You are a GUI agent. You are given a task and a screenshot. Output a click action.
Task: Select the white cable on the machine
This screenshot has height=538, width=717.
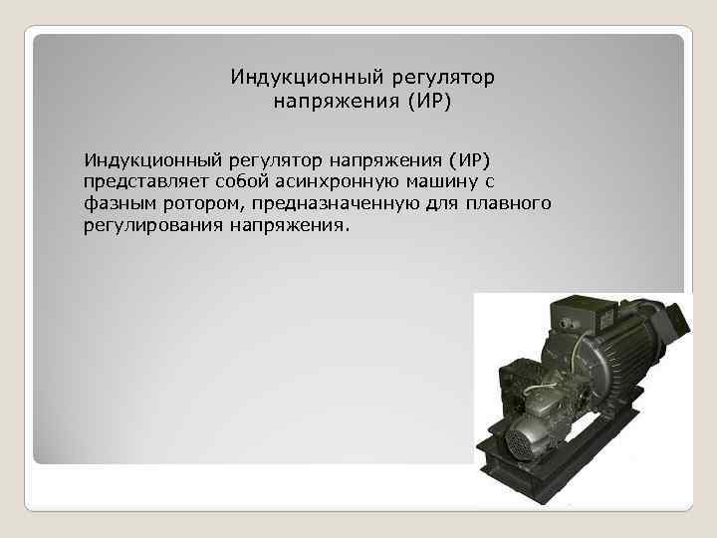click(554, 385)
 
